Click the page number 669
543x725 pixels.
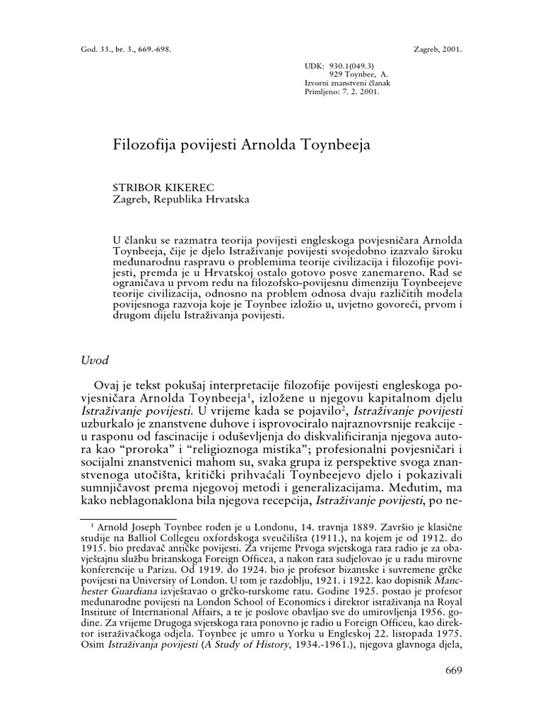(x=454, y=671)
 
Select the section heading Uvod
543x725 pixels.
(x=95, y=360)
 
